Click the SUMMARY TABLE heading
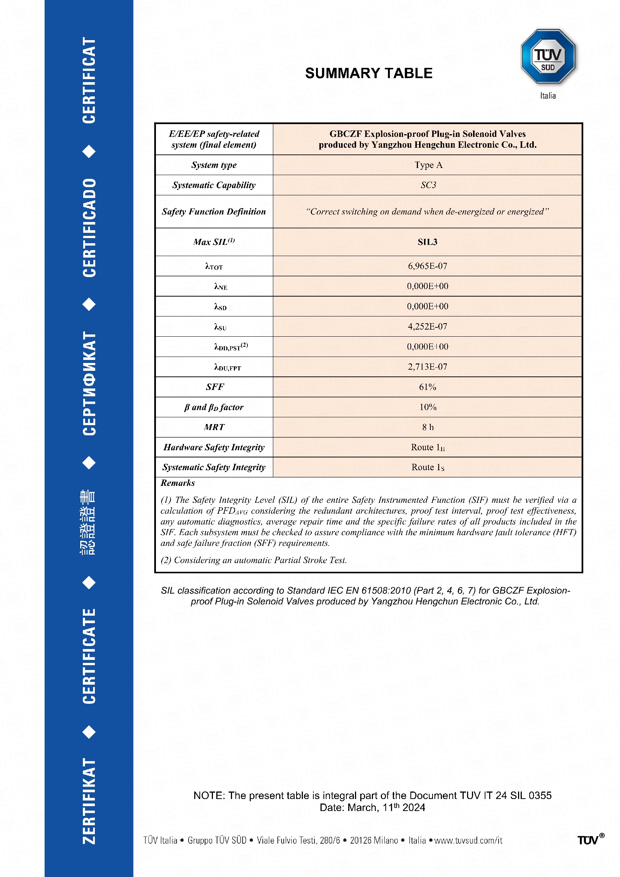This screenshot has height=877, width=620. pos(368,73)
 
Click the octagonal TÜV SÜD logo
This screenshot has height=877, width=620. pos(548,57)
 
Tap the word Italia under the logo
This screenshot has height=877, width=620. pos(548,96)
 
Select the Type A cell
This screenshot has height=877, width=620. pos(428,165)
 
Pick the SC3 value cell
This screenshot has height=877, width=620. pos(428,185)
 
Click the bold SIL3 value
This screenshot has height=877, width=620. pos(428,242)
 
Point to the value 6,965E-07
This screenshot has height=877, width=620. pos(428,266)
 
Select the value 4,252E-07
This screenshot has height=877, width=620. pos(428,327)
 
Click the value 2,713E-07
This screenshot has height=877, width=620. pos(428,367)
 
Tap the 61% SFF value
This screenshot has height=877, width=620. pos(428,387)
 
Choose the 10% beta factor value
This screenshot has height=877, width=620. pos(428,407)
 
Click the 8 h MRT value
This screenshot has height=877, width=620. pos(428,427)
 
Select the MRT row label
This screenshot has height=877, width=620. pos(214,427)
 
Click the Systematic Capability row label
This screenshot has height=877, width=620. pos(214,185)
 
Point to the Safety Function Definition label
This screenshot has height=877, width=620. pos(214,211)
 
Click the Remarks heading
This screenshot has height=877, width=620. pos(178,483)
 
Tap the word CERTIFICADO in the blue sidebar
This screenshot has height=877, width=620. pos(89,228)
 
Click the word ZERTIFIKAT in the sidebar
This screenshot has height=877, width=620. pos(89,801)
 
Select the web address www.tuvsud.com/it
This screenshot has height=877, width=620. pos(468,840)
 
